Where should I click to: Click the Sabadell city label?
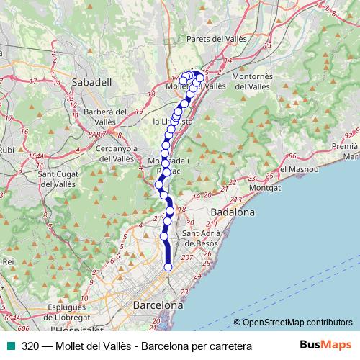click(94, 83)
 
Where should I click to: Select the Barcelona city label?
click(158, 306)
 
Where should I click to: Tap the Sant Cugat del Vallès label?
click(56, 179)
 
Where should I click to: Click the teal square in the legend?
click(9, 346)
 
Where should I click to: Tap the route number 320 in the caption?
click(31, 346)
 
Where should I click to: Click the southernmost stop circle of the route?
click(168, 267)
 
